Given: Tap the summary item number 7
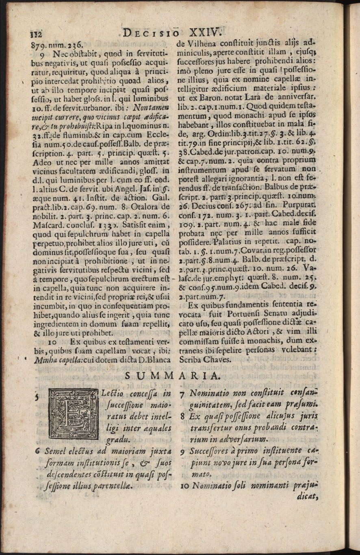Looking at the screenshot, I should pyautogui.click(x=182, y=395).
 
